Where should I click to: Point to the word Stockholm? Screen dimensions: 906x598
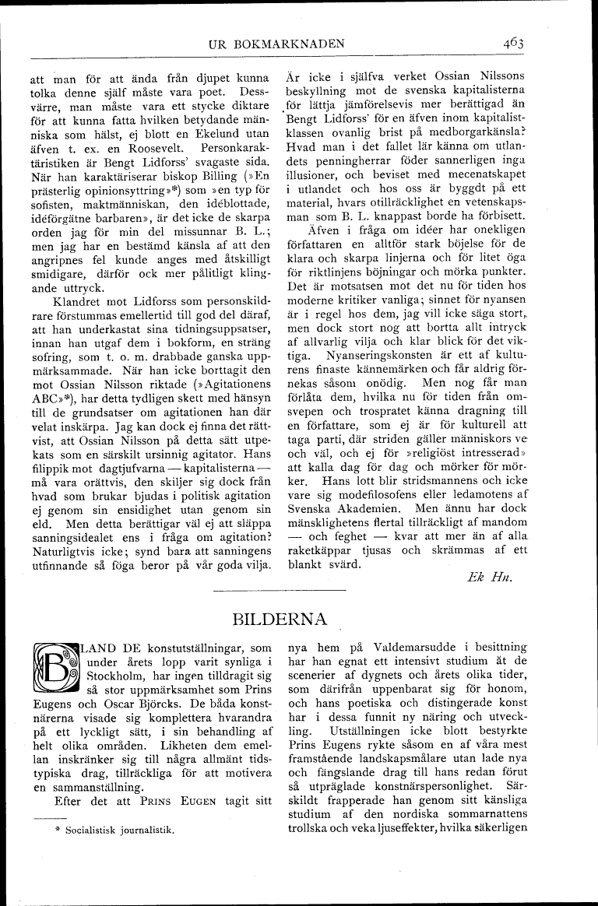pyautogui.click(x=122, y=677)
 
